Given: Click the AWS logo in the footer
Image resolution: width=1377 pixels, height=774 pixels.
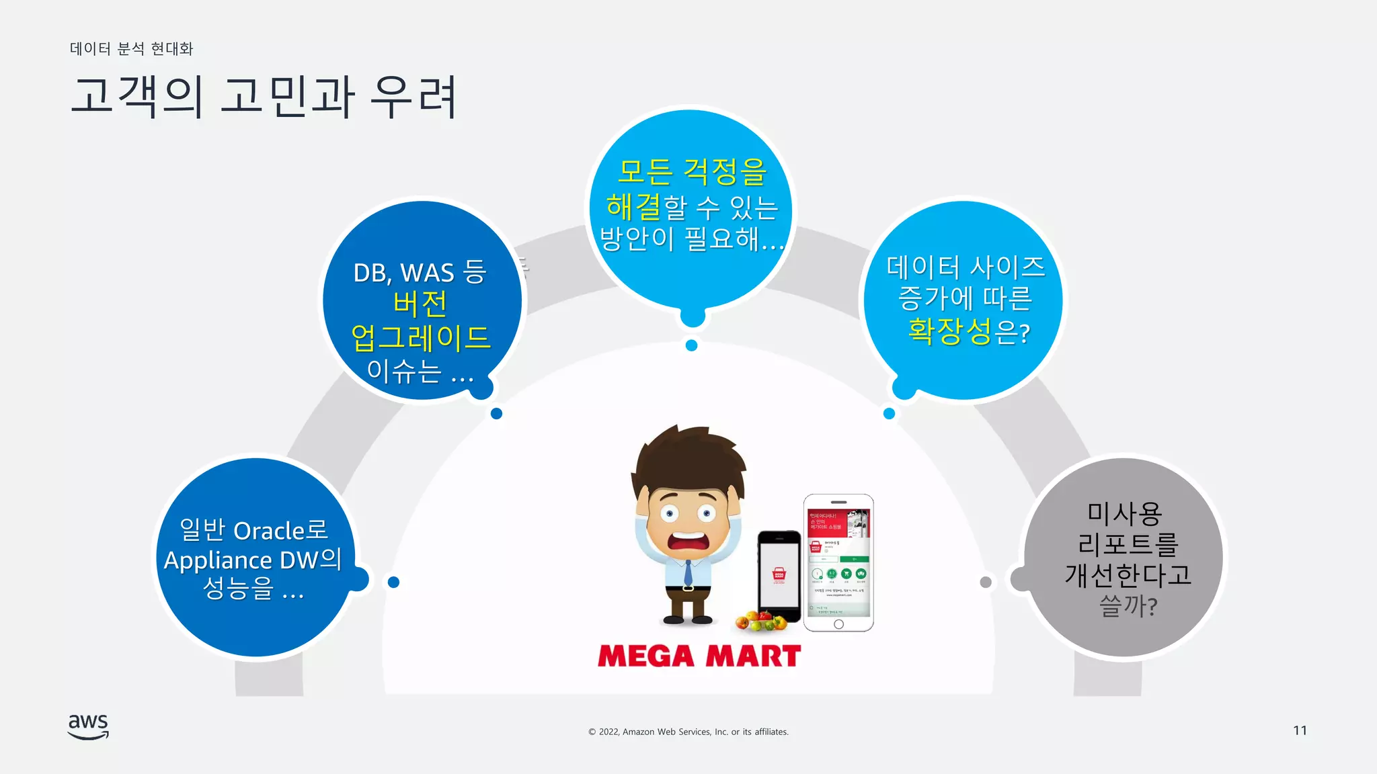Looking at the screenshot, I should coord(88,726).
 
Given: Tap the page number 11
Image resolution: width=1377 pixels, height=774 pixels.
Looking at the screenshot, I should coord(1300,730).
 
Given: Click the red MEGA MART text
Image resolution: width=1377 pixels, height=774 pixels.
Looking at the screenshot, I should coord(699,656).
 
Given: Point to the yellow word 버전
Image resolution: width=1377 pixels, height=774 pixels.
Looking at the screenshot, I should coord(420,304).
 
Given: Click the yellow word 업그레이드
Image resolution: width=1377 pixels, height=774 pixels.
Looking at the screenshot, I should coord(421,337).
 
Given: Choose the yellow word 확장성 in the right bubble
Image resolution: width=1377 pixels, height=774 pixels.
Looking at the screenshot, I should coord(949,331).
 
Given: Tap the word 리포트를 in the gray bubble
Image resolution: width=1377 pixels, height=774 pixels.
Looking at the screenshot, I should coord(1128,544).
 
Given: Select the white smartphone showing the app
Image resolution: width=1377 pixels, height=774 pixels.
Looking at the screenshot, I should coord(838,562).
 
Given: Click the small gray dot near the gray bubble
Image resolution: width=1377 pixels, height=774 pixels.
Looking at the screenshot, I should coord(986,582).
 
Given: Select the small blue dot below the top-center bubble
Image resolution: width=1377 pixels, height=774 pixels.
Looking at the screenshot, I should coord(691,345).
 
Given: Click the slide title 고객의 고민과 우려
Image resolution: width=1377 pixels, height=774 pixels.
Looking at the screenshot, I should coord(264,97).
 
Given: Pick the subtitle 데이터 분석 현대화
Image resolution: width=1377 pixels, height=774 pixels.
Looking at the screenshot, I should coord(132,48).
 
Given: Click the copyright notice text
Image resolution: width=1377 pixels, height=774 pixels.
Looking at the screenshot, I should coord(688,732).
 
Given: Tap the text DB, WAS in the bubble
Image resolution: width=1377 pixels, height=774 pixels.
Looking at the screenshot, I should coord(403,273).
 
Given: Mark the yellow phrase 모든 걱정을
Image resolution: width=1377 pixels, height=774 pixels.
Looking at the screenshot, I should coord(692,171).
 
